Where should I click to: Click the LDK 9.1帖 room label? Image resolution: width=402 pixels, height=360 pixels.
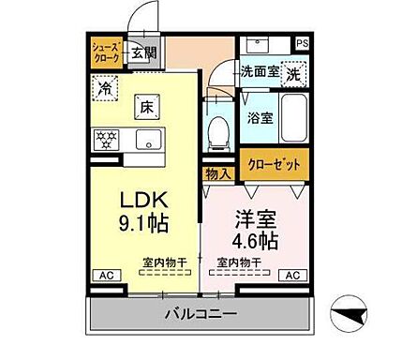click(x=141, y=211)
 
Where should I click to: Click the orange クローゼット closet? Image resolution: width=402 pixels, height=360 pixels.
click(x=274, y=163)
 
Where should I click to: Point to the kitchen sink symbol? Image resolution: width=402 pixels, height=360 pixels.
click(x=146, y=141)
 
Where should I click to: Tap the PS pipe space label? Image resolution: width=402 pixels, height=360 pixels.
click(x=302, y=43)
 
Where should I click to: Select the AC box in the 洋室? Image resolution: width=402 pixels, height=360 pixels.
click(x=292, y=275)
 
